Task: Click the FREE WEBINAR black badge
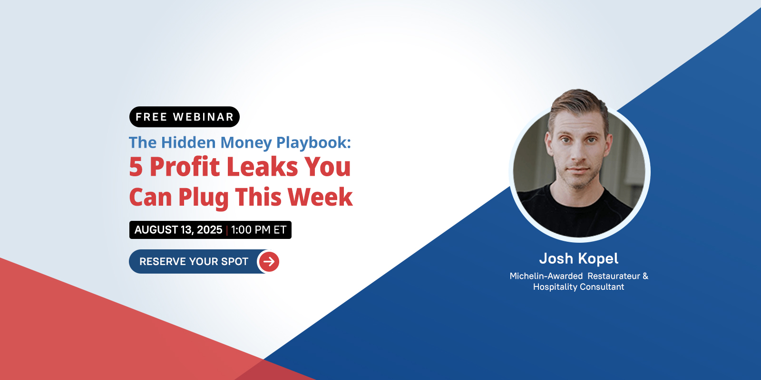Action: coord(185,117)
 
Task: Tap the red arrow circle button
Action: coord(269,262)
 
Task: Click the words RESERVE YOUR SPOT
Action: coord(194,262)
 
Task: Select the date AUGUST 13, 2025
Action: coord(178,230)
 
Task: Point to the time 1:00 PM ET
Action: coord(259,230)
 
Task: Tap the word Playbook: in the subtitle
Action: coord(313,143)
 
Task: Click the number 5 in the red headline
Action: coord(136,167)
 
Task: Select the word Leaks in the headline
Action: coord(262,166)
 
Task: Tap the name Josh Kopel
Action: coord(578,258)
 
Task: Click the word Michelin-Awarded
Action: coord(546,276)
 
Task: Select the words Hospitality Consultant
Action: coord(578,287)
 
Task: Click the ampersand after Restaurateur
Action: coord(645,276)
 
